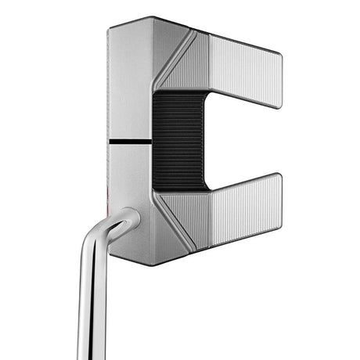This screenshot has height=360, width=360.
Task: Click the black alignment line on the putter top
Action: (x=129, y=142)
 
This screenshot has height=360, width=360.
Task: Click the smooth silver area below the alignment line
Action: (x=129, y=180)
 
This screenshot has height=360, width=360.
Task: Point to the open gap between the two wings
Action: (x=250, y=141)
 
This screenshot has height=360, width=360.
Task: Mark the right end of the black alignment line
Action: (x=150, y=142)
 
